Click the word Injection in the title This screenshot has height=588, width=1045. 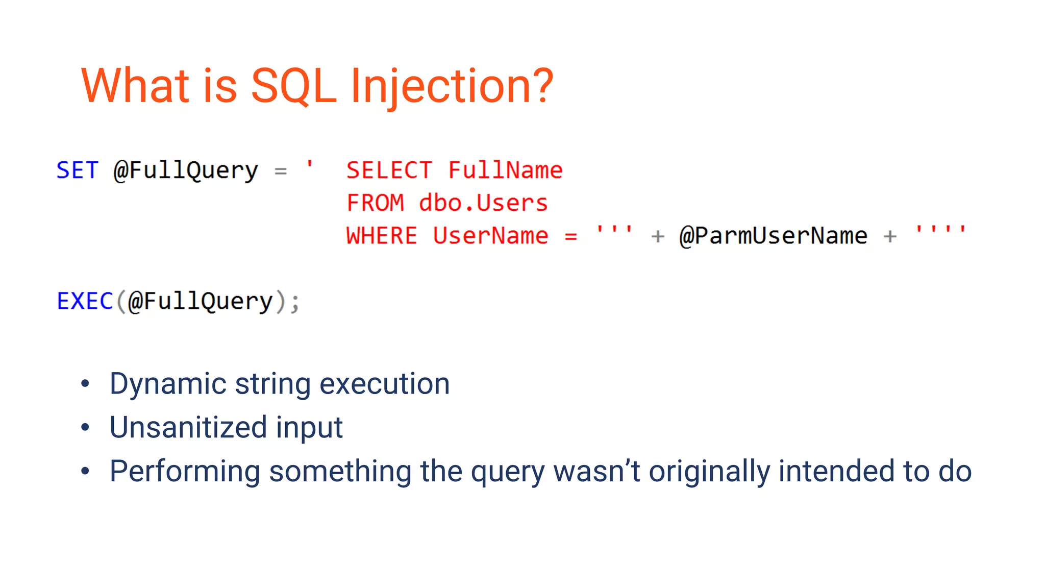(452, 87)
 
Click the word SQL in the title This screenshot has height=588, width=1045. (293, 87)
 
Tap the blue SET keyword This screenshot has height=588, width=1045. (77, 170)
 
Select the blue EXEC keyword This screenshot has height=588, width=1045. (85, 301)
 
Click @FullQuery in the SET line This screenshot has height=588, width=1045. (186, 170)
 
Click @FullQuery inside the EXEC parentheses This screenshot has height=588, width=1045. (200, 301)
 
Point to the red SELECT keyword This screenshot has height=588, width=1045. (389, 170)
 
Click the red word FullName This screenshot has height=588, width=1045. (505, 170)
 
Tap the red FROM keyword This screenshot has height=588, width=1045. (375, 203)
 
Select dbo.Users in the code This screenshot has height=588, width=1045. (483, 203)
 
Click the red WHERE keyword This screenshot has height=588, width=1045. (382, 236)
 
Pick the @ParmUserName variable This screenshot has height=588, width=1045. (773, 236)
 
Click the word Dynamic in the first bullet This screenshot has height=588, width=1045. (167, 384)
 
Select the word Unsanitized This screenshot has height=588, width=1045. (188, 427)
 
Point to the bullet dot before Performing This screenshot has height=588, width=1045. (85, 471)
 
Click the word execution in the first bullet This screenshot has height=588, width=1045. (384, 384)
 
